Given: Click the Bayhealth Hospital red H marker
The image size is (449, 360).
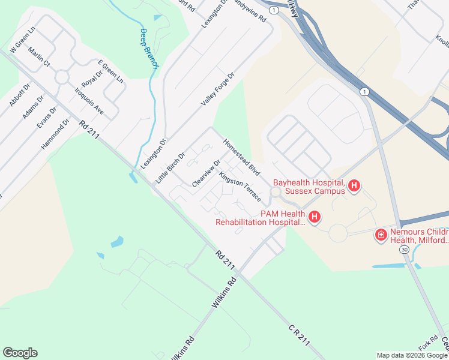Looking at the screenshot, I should click(x=354, y=186).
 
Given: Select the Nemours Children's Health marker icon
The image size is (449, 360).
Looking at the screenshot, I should click(x=380, y=235).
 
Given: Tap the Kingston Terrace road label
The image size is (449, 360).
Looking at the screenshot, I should click(x=240, y=187).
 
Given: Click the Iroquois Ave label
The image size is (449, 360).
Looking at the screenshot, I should click(x=89, y=102).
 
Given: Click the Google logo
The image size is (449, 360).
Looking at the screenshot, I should click(x=20, y=353).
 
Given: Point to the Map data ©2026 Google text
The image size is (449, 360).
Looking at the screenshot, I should click(x=411, y=355).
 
